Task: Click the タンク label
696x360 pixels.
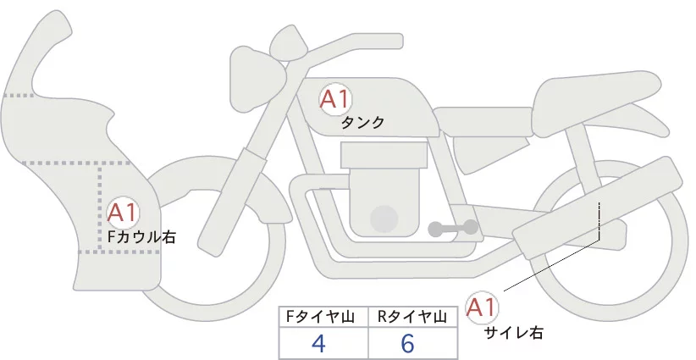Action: coord(362,123)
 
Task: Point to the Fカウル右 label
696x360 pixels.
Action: coord(142,236)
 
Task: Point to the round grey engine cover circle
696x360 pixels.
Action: coord(385,219)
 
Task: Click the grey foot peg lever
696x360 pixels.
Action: coord(453,228)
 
